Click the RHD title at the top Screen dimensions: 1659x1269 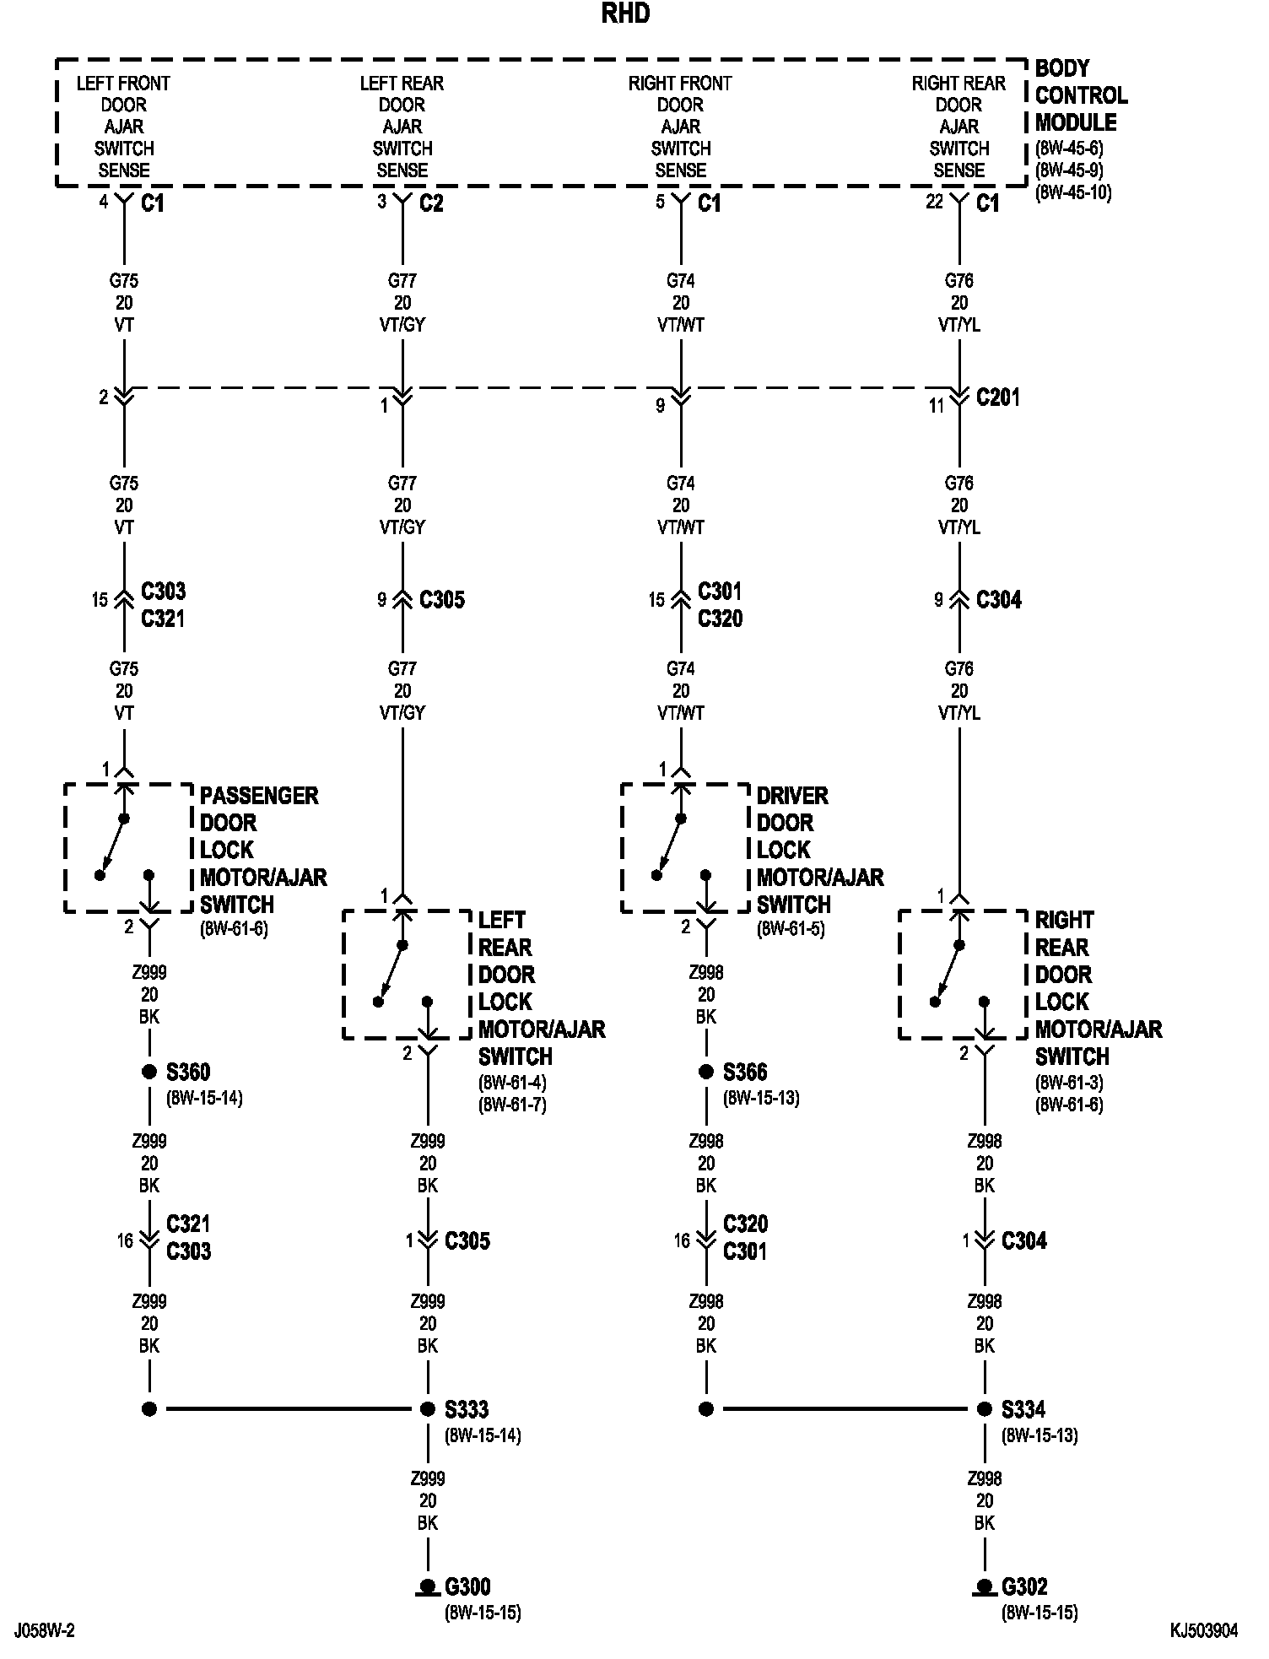click(625, 14)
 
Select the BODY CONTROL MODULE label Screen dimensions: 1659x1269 click(1081, 95)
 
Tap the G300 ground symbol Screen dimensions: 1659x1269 click(428, 1588)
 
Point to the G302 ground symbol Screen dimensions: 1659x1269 click(984, 1588)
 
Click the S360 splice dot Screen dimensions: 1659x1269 click(149, 1072)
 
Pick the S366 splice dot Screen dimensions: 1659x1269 click(706, 1072)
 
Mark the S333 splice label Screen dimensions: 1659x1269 click(467, 1409)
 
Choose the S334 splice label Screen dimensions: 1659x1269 click(1023, 1409)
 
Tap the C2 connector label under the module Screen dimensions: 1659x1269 click(431, 203)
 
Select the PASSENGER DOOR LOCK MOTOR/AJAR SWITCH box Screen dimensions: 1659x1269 click(128, 848)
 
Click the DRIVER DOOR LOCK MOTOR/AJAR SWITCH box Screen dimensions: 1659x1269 click(685, 848)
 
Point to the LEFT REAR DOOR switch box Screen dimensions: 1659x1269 click(407, 975)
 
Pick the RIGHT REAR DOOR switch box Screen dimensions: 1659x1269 click(964, 975)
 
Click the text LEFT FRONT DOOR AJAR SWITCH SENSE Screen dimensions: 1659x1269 click(123, 127)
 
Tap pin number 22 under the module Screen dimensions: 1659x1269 click(934, 203)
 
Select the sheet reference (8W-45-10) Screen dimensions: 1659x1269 click(1073, 192)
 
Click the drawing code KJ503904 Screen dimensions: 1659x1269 click(1203, 1631)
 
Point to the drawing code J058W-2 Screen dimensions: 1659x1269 click(44, 1631)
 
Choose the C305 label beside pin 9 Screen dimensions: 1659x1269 click(442, 600)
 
